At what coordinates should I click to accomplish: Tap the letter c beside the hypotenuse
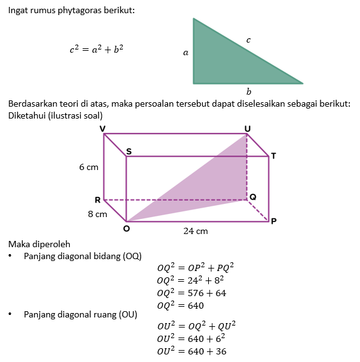[248, 40]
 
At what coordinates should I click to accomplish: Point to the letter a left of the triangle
[186, 53]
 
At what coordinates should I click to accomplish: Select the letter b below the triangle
[248, 92]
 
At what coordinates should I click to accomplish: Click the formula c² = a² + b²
[97, 49]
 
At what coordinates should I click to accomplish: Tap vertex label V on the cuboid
[102, 129]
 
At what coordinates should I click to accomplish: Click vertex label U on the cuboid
[248, 129]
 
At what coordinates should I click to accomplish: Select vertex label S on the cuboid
[129, 151]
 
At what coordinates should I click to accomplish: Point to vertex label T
[273, 156]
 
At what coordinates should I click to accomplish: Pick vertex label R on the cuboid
[98, 200]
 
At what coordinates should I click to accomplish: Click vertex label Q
[253, 197]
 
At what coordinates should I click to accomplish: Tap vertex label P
[273, 221]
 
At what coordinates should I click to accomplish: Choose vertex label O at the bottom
[127, 228]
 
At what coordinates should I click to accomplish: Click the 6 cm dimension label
[88, 167]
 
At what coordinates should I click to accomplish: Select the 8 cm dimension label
[97, 214]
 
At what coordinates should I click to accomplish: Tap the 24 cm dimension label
[196, 231]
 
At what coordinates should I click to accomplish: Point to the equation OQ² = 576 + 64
[191, 293]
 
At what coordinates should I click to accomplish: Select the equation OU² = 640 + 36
[192, 351]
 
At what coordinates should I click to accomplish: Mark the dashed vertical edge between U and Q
[246, 167]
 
